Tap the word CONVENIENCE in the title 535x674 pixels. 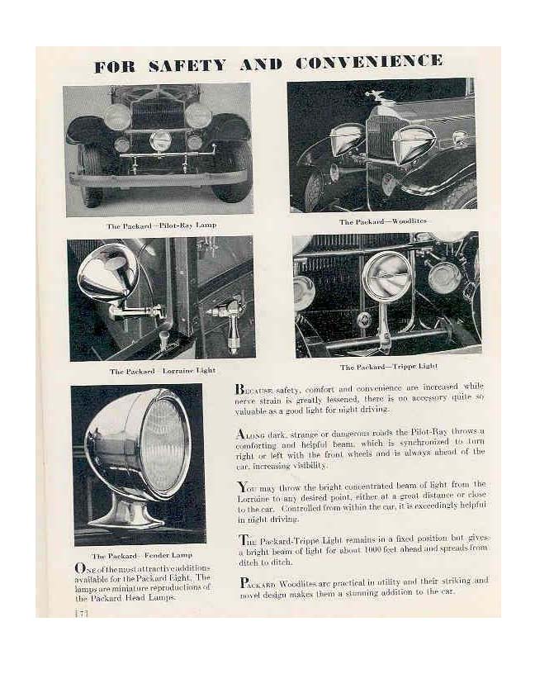(368, 62)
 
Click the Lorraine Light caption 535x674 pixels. (162, 371)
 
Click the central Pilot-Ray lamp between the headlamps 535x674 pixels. (160, 140)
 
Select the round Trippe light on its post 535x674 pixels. (386, 276)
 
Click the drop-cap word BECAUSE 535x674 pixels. (253, 389)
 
